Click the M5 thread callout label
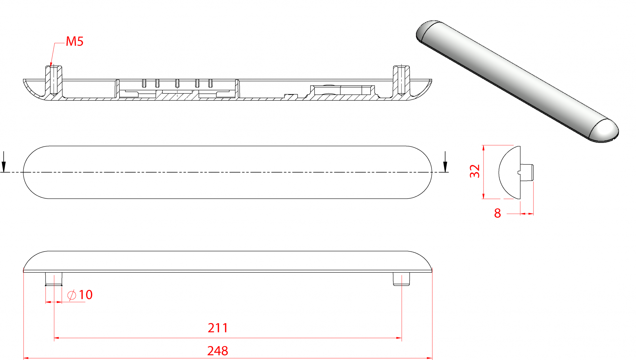[x=75, y=41]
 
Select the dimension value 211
[x=218, y=328]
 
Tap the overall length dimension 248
[x=218, y=351]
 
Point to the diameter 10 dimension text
[x=80, y=295]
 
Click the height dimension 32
[x=475, y=171]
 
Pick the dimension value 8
[x=497, y=214]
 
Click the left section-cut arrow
[x=4, y=162]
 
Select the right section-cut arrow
[x=445, y=162]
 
